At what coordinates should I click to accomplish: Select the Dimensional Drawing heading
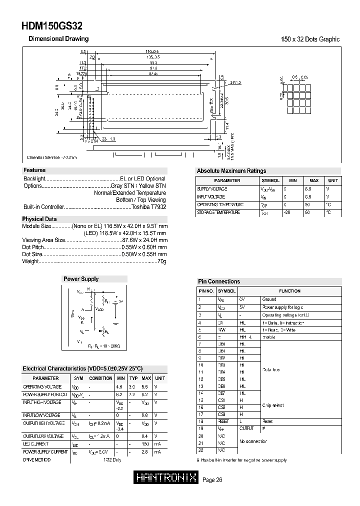(58, 39)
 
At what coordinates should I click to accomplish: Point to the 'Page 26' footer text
(212, 480)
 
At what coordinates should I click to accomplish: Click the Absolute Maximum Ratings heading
(231, 171)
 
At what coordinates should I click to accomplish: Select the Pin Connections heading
(218, 281)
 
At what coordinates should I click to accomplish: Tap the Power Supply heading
(80, 279)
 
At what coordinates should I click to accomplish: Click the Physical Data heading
(39, 219)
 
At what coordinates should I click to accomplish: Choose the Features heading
(34, 170)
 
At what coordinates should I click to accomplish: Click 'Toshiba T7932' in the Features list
(148, 207)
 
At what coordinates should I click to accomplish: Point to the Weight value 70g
(161, 261)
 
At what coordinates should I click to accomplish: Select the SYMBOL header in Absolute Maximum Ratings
(270, 180)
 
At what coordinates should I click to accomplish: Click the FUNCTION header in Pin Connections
(289, 290)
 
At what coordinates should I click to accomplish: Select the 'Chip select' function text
(273, 406)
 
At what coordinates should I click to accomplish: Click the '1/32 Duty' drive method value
(113, 459)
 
